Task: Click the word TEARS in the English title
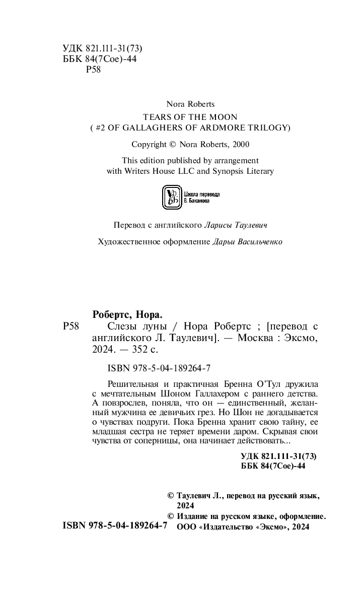tap(150, 116)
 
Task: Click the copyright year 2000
tap(239, 144)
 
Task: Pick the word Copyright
tap(149, 144)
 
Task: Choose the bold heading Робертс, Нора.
tap(128, 315)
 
